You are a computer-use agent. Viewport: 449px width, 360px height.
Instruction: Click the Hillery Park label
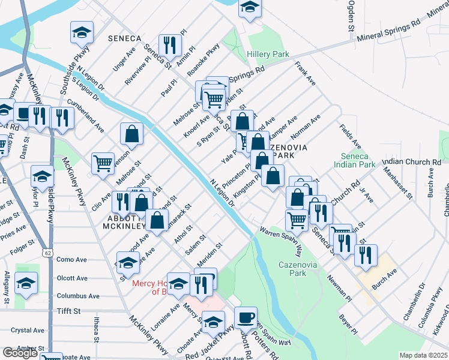[x=268, y=54]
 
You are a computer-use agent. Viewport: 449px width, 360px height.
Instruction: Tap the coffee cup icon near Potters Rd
[x=244, y=317]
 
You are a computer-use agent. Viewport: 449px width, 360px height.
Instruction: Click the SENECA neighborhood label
[x=124, y=38]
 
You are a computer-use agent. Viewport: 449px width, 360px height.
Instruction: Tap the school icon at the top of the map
[x=250, y=8]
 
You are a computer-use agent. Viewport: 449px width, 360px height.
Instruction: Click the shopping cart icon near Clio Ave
[x=103, y=163]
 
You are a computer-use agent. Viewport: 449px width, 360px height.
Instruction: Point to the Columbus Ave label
[x=78, y=296]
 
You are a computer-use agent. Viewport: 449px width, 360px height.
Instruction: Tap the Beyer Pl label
[x=348, y=324]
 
